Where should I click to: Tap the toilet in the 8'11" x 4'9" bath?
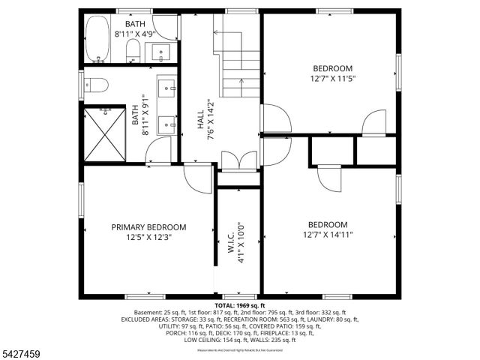[x=133, y=50]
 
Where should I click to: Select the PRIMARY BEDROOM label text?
[x=148, y=227]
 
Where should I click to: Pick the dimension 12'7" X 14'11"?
[x=328, y=234]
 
